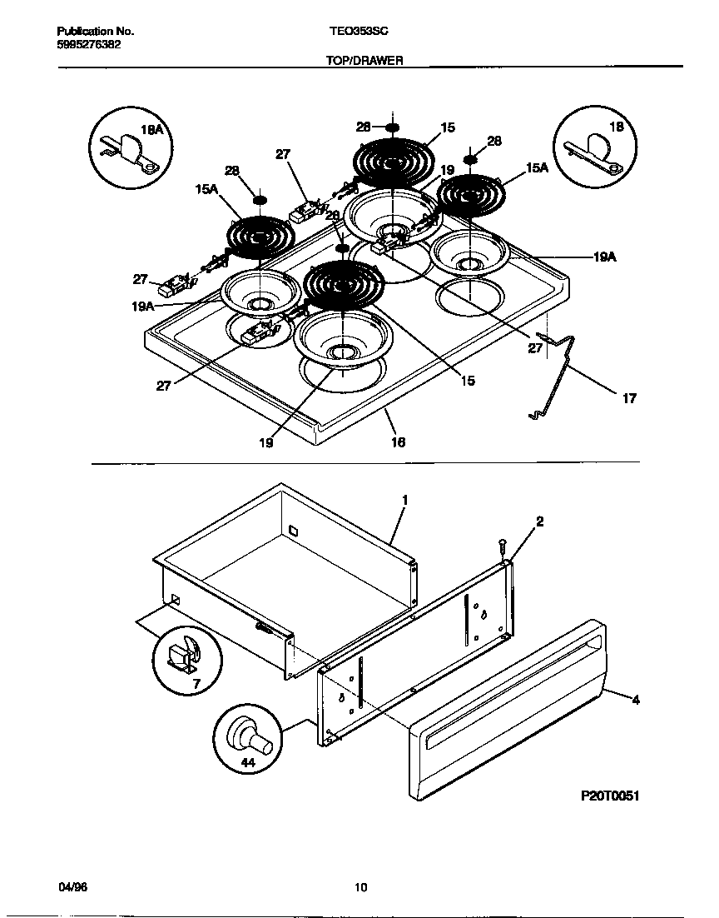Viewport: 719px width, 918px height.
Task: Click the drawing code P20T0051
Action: point(610,796)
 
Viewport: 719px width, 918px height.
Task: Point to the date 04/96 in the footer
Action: point(72,886)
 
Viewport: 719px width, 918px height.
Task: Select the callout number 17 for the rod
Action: point(629,399)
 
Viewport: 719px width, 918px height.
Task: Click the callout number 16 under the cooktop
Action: point(398,442)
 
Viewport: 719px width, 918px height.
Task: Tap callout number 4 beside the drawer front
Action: point(636,701)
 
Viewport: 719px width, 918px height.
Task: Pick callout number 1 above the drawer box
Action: point(404,500)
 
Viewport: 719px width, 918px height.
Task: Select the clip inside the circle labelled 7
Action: point(182,658)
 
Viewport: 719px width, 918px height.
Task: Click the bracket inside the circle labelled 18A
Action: point(129,152)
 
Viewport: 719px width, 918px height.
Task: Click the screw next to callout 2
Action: point(502,546)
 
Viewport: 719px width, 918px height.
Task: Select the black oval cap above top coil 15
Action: point(394,128)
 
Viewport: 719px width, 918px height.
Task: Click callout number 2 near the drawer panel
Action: point(539,521)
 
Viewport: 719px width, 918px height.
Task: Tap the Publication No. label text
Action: point(96,31)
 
